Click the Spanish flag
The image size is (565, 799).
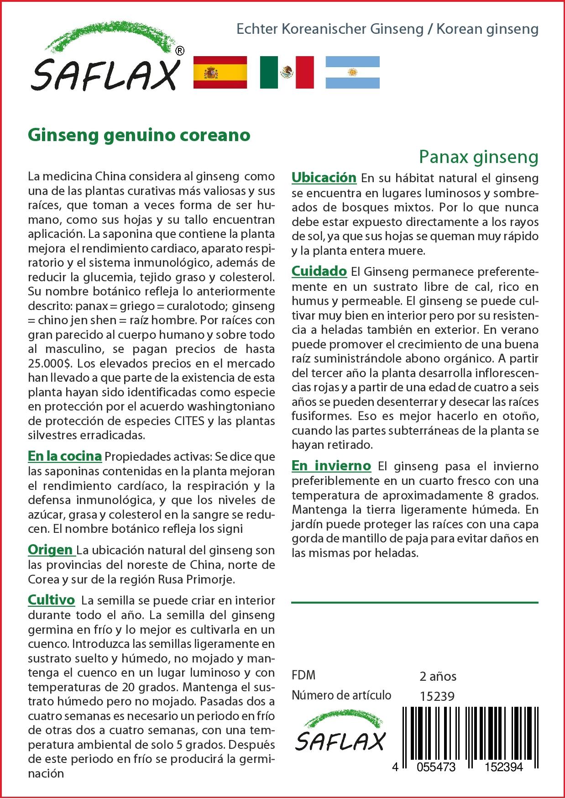tap(220, 72)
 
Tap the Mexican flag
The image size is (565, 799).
tap(287, 72)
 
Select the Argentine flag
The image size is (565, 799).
tap(352, 72)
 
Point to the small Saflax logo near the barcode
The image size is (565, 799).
tap(340, 736)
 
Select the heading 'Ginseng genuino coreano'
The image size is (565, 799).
tap(139, 135)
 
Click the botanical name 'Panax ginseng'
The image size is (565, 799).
tap(479, 157)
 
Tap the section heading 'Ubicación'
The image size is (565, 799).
tap(324, 177)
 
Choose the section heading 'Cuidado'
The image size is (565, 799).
tap(319, 271)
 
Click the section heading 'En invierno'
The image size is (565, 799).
tap(331, 466)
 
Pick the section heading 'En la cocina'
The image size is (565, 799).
tap(64, 456)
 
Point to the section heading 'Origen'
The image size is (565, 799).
tap(50, 549)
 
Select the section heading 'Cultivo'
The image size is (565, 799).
tap(51, 599)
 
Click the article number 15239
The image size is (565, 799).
tap(437, 696)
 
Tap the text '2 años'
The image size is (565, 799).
tap(438, 676)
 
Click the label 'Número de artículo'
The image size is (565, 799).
tap(341, 695)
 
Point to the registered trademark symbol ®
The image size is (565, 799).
tap(180, 51)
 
